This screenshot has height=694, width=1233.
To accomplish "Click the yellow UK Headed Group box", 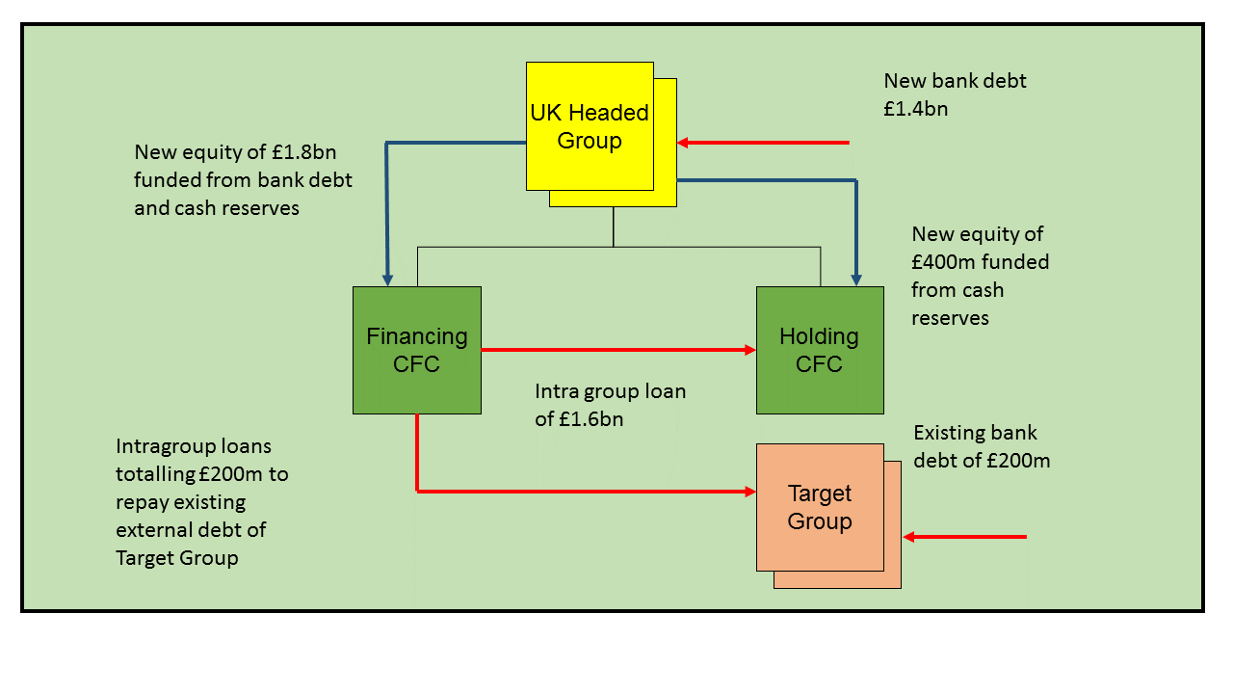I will coord(590,126).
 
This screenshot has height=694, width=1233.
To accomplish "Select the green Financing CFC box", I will coord(416,350).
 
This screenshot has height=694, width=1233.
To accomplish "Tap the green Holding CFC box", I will coord(819,350).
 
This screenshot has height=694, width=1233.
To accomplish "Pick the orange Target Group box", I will coord(820,507).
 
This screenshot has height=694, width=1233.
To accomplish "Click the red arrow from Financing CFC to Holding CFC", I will coord(616,350).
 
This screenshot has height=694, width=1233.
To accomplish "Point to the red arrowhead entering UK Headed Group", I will coord(683,143).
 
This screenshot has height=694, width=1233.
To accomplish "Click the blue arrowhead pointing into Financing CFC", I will coord(387,280).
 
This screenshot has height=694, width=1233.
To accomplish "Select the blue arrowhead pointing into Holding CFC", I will coord(855,280).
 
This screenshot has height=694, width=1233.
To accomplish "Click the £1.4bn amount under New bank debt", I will coord(915,109).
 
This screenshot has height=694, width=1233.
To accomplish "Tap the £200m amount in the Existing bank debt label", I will coord(1017,460).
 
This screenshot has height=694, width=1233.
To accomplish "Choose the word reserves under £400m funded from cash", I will coord(950,317).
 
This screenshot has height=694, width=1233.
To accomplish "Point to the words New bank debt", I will coord(955,81).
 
